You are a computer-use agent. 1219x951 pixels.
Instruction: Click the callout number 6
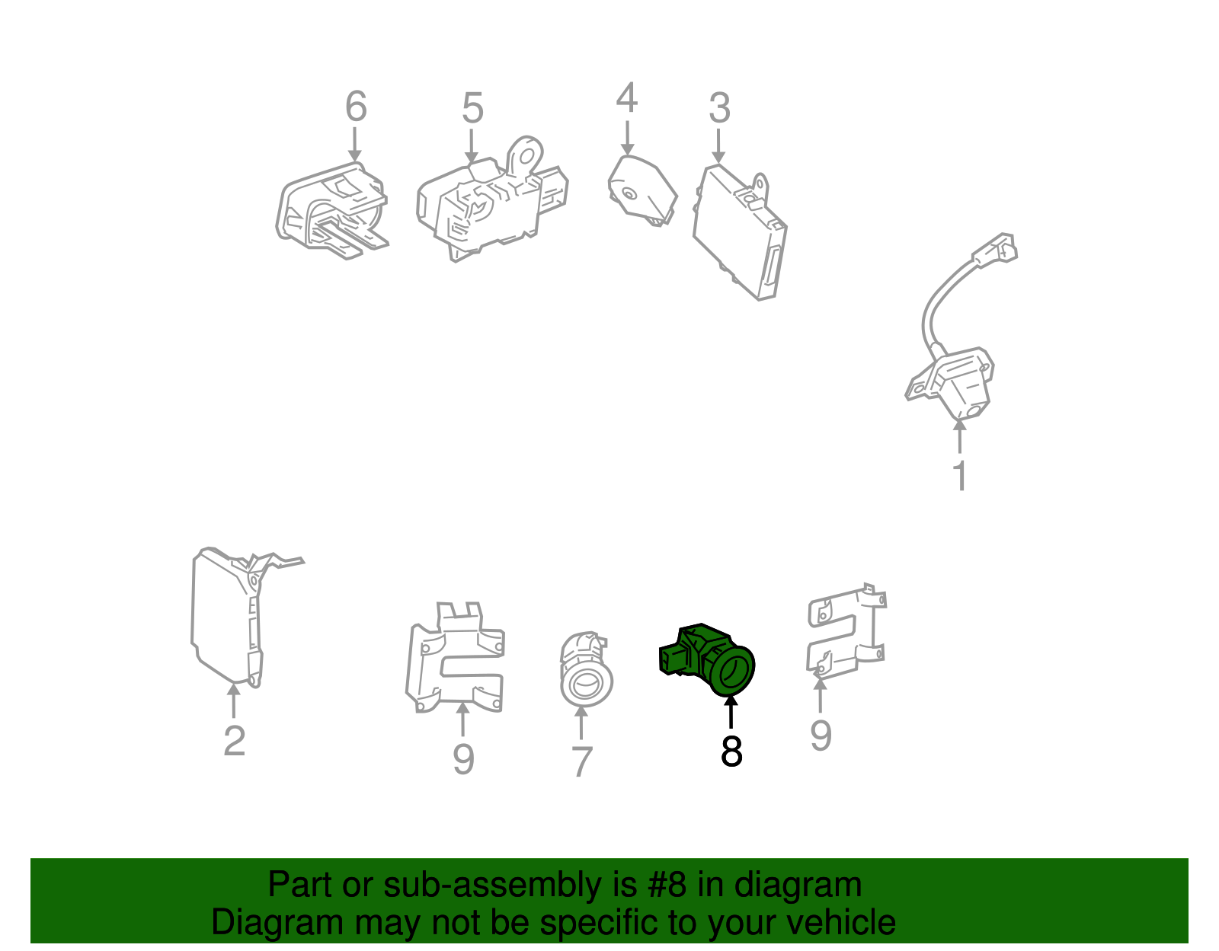click(356, 107)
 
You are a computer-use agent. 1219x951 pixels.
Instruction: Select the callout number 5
click(472, 109)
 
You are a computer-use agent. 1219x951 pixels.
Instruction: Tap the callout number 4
click(626, 99)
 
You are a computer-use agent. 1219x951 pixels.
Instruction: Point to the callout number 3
click(719, 109)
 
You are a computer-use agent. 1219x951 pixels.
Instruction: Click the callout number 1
click(960, 476)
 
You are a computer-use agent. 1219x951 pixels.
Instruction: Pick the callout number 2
click(235, 741)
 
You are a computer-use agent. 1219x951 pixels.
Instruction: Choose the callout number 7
click(581, 761)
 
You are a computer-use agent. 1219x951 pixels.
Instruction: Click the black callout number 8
click(731, 752)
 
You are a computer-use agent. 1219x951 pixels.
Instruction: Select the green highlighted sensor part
click(709, 659)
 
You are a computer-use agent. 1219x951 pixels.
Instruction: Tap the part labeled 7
click(584, 670)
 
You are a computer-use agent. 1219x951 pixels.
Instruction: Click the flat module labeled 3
click(739, 232)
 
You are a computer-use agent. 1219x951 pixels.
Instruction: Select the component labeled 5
click(488, 206)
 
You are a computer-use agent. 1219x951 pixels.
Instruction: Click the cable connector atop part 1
click(996, 249)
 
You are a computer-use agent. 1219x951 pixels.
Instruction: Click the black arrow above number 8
click(731, 713)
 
